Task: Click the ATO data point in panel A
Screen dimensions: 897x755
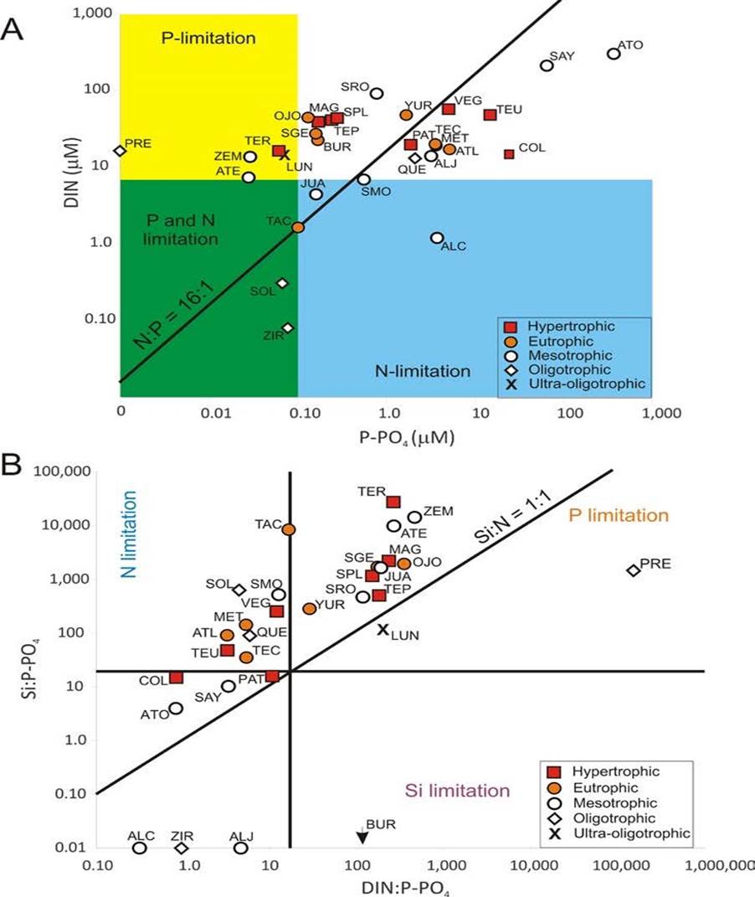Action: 614,54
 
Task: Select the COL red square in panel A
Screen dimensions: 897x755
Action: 509,153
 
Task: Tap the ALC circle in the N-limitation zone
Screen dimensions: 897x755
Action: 436,238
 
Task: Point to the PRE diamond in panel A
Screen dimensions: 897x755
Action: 121,151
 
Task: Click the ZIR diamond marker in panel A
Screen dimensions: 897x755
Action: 288,327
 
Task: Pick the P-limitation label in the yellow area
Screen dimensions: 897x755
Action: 208,38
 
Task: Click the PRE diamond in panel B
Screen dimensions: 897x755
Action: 634,570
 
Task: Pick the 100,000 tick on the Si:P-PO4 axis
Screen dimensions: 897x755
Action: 59,472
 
